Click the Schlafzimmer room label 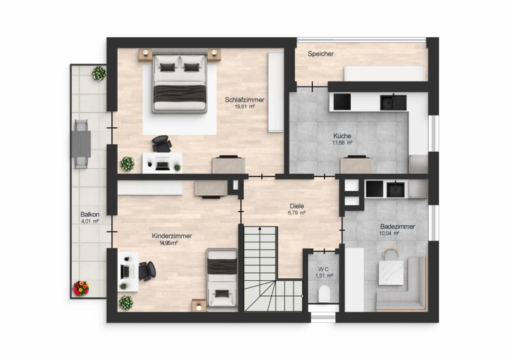244,100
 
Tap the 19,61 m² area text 244,106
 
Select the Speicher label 321,54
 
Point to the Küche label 342,136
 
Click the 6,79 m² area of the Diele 297,213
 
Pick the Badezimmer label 398,226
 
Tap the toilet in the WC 324,294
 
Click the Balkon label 90,215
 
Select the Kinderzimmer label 172,236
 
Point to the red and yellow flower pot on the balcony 81,289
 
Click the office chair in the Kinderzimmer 146,271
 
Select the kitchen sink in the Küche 393,102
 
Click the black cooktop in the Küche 342,102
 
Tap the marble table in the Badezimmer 391,272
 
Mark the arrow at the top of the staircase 260,229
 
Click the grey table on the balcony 81,144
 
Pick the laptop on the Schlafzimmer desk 162,164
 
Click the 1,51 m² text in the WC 324,276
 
